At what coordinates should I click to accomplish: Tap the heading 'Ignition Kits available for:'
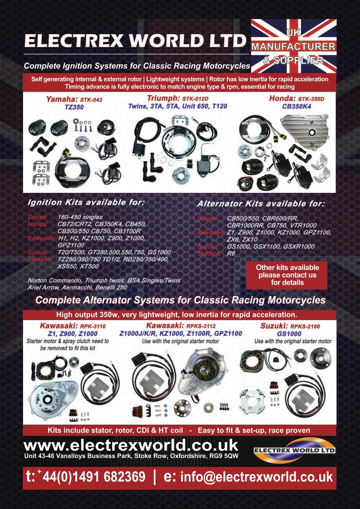click(86, 202)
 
